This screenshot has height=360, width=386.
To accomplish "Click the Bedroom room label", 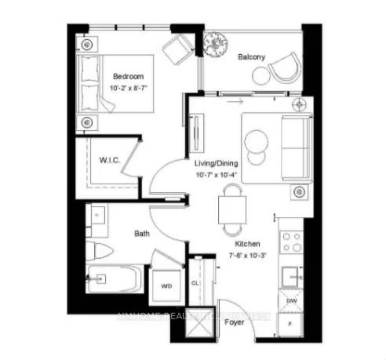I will click(x=128, y=77).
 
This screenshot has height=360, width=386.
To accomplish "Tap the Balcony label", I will click(x=251, y=57).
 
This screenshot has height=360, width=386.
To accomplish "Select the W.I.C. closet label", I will click(x=109, y=160).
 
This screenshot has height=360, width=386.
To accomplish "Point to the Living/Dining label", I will click(x=216, y=162).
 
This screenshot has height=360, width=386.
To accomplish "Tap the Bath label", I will click(x=141, y=233).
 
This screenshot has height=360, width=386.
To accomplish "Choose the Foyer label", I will click(x=232, y=320).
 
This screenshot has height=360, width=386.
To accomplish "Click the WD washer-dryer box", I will click(x=166, y=286).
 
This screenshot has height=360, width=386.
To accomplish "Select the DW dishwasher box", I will click(x=290, y=300).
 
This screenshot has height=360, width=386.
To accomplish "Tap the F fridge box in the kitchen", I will click(x=290, y=322).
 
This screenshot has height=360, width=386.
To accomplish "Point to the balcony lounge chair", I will click(x=283, y=69).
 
